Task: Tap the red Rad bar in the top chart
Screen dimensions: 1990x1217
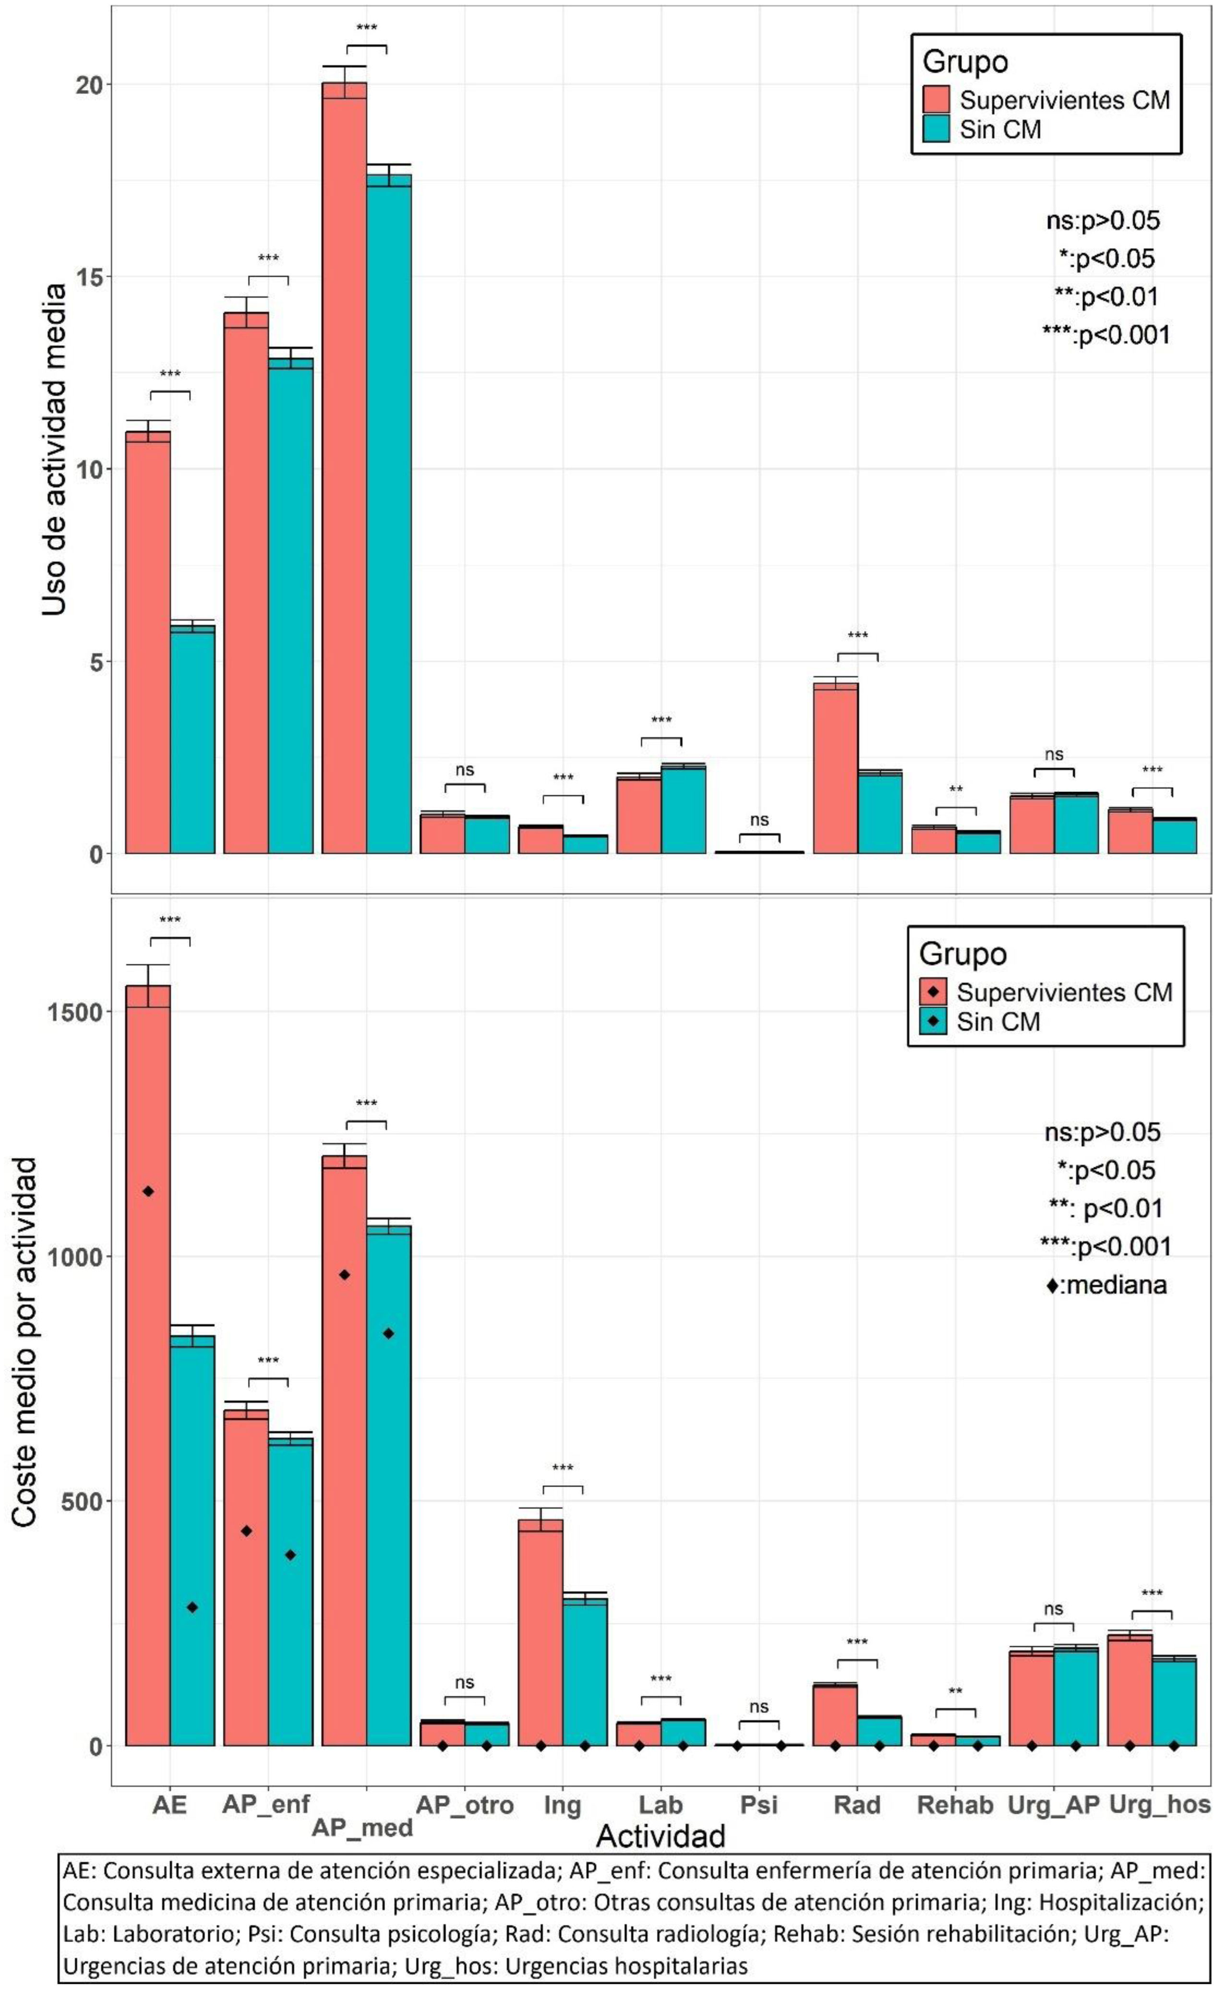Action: pyautogui.click(x=835, y=767)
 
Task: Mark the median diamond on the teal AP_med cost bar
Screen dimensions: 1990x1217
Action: pyautogui.click(x=388, y=1334)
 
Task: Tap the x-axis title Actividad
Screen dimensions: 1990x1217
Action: pyautogui.click(x=660, y=1836)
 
